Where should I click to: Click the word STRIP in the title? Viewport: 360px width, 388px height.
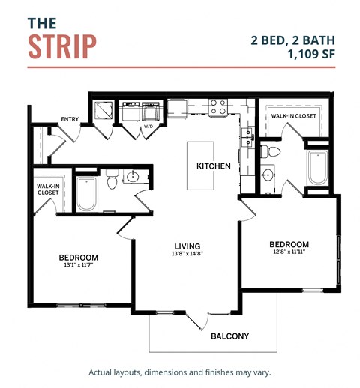coord(62,46)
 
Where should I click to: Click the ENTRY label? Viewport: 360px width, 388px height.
coord(70,119)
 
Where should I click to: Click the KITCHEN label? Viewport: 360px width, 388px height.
coord(213,166)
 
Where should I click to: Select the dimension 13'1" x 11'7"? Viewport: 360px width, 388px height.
coord(78,266)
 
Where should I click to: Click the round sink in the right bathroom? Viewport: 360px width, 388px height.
coord(268,176)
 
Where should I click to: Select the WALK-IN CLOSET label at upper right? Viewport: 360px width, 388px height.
coord(292,116)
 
